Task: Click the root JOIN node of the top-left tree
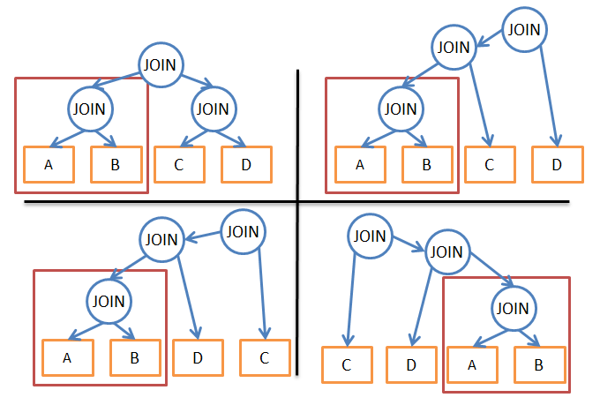tap(161, 65)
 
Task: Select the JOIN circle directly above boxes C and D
tap(214, 109)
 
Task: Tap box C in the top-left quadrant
tap(179, 165)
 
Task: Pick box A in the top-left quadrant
tap(49, 165)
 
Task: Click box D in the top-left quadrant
tap(246, 165)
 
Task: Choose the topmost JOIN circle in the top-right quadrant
tap(524, 29)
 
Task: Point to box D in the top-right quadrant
tap(558, 165)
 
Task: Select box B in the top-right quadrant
tap(427, 165)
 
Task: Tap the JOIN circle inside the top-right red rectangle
tap(401, 109)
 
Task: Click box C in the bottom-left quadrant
tap(265, 358)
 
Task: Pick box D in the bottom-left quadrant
tap(198, 358)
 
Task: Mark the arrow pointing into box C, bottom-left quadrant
tap(263, 294)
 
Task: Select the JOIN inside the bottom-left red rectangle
tap(109, 301)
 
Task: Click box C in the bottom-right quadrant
tap(347, 364)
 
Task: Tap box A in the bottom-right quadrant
tap(473, 364)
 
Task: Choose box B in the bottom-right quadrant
tap(539, 364)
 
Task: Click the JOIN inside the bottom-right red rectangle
tap(514, 308)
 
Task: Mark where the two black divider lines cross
tap(297, 201)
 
